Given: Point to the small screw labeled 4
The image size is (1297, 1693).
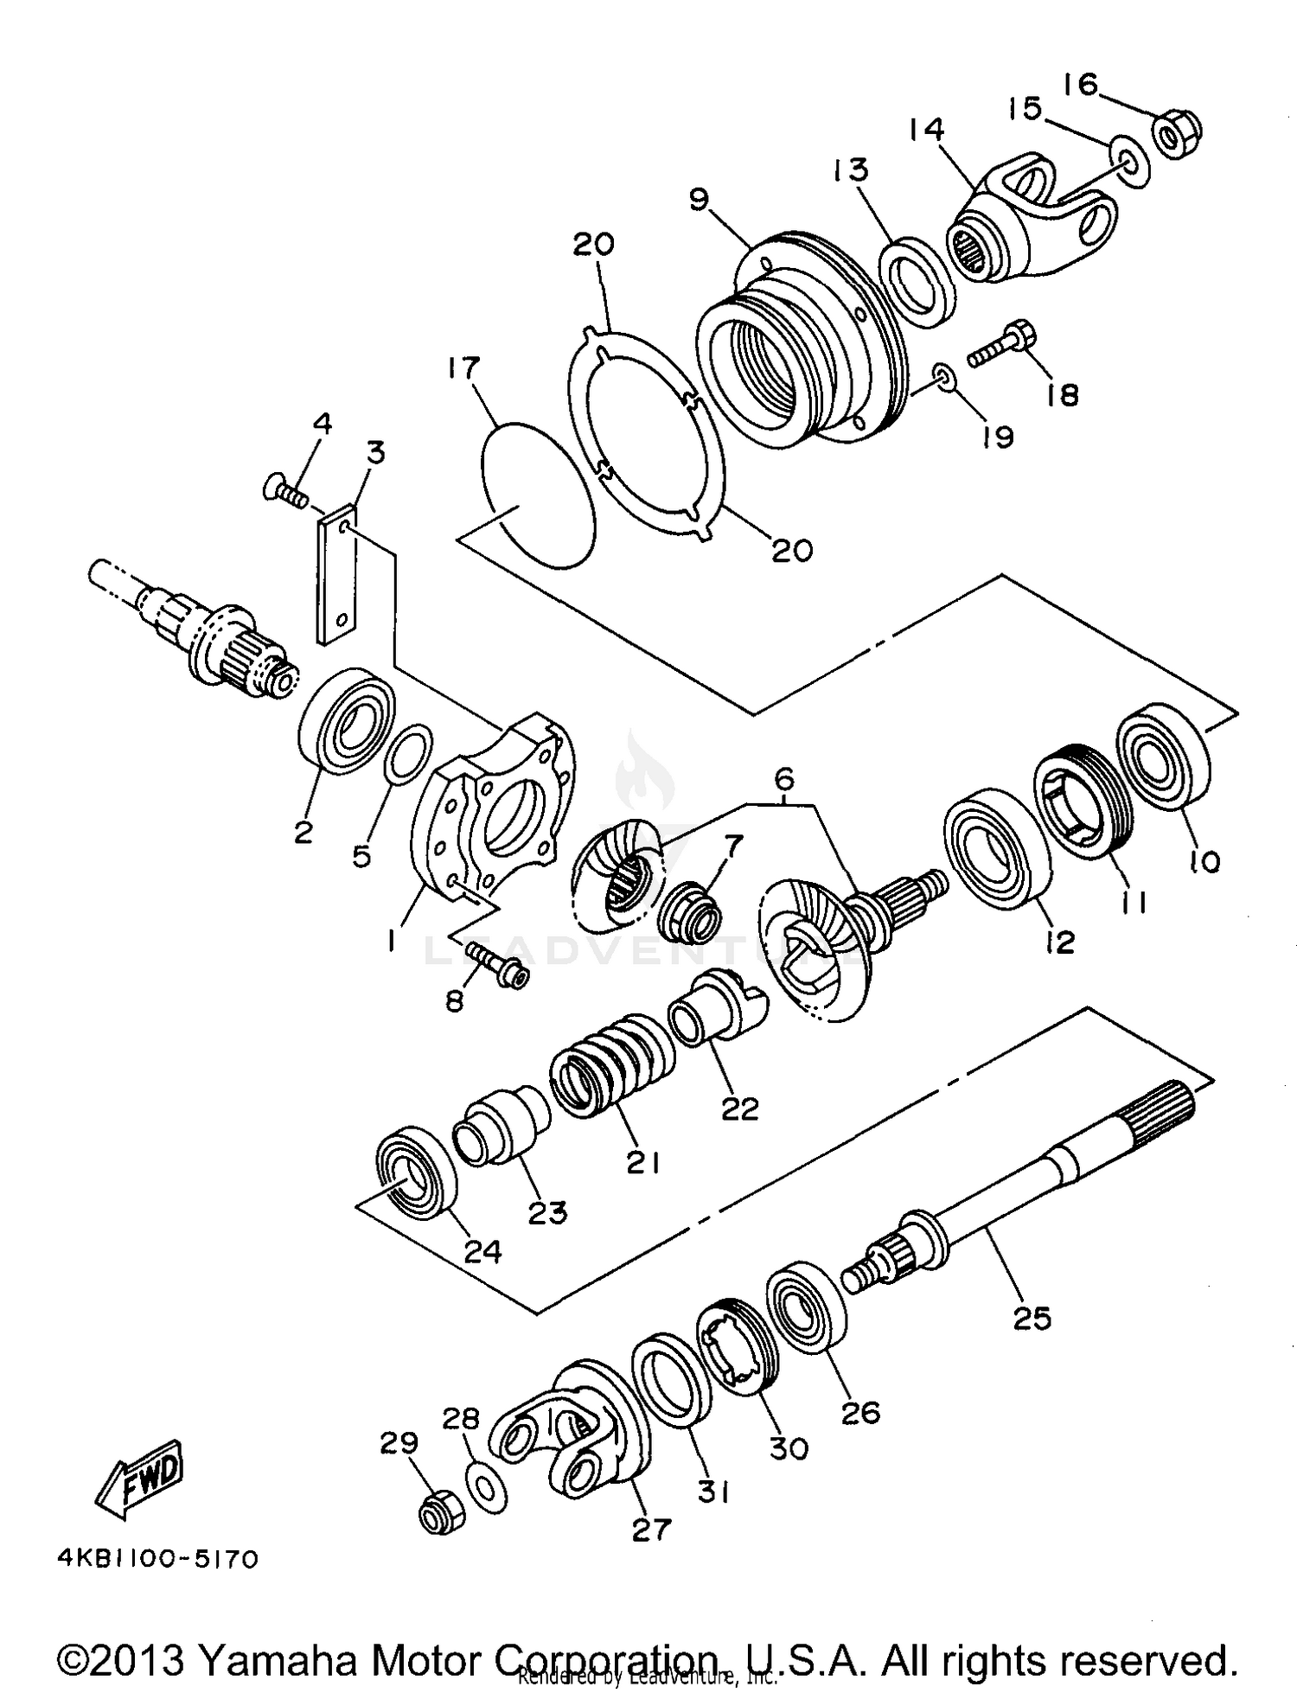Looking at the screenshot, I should point(287,494).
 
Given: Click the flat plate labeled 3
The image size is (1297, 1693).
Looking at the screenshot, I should point(337,575).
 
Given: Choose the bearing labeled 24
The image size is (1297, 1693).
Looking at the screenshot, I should point(416,1172).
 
